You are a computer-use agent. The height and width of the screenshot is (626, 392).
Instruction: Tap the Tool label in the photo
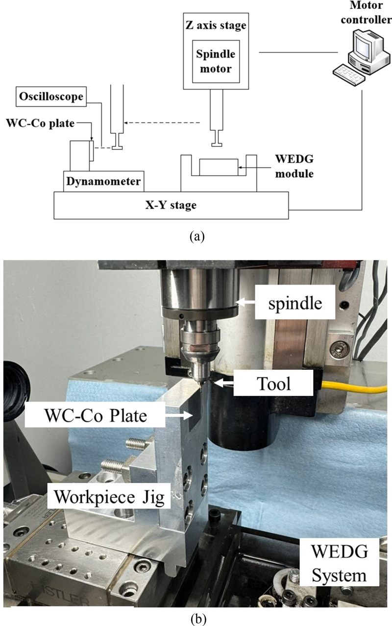(x=269, y=383)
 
